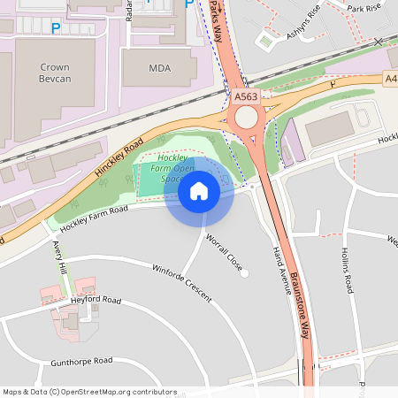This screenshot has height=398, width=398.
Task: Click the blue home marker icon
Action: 198,190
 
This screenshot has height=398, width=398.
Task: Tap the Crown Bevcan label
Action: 54,73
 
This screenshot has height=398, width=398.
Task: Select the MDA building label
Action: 159,68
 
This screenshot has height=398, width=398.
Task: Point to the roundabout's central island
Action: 245,118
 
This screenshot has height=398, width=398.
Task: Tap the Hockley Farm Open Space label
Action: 173,168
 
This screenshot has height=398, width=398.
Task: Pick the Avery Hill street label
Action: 59,256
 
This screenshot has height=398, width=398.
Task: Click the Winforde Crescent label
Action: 182,283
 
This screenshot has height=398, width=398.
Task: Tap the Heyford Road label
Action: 95,301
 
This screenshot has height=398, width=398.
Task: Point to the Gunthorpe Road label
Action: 82,361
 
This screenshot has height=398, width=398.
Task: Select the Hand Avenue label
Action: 282,269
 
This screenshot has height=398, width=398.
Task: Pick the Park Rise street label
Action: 364,8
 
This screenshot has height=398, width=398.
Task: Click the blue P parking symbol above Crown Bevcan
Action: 56,28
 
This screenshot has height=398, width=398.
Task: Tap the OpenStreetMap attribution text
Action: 89,392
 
